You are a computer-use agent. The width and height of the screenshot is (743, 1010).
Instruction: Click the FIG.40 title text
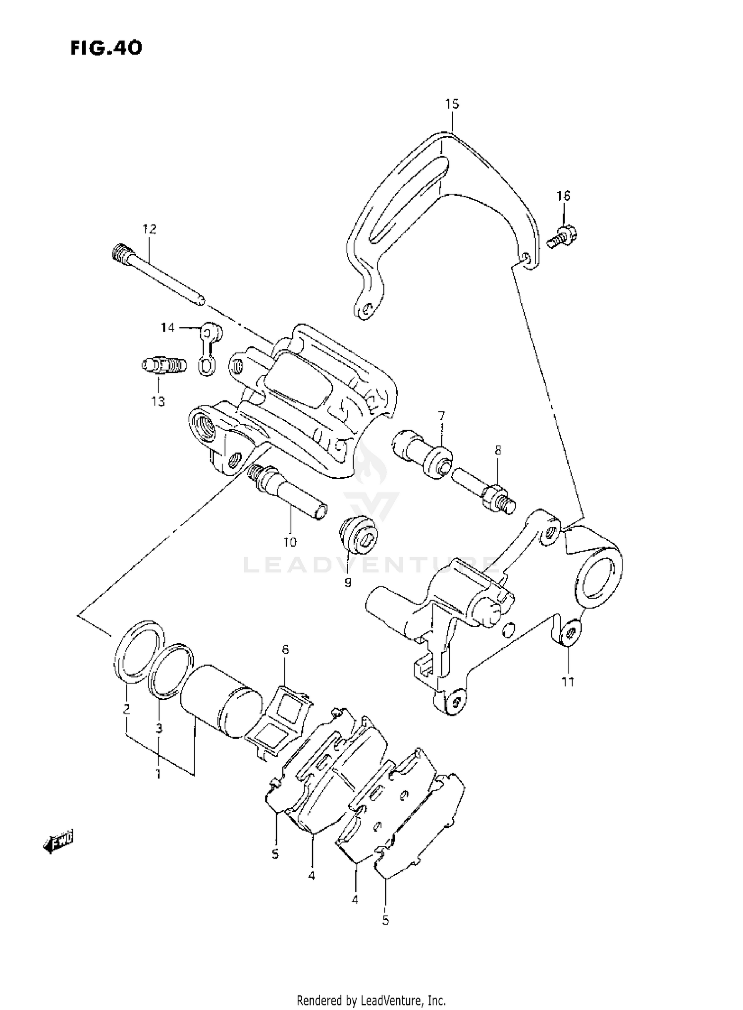tap(106, 48)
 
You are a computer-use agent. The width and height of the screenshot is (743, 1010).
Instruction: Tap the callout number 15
tap(452, 104)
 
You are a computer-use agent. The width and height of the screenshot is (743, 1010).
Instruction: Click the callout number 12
tap(149, 229)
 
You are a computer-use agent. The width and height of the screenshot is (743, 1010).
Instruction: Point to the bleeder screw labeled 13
tap(163, 366)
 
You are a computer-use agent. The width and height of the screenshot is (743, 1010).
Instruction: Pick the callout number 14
tap(167, 328)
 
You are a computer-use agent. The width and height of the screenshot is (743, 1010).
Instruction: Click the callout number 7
tap(441, 415)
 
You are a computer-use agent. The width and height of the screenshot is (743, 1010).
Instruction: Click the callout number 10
tap(290, 542)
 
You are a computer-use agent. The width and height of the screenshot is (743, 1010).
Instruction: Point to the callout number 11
tap(568, 682)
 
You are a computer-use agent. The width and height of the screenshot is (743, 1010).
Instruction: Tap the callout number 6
tap(285, 650)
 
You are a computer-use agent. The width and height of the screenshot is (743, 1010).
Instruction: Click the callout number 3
tap(159, 729)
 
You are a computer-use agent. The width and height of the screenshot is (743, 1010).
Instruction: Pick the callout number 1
tap(159, 774)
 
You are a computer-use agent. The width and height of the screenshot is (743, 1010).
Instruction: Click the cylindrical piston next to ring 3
tap(220, 698)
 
